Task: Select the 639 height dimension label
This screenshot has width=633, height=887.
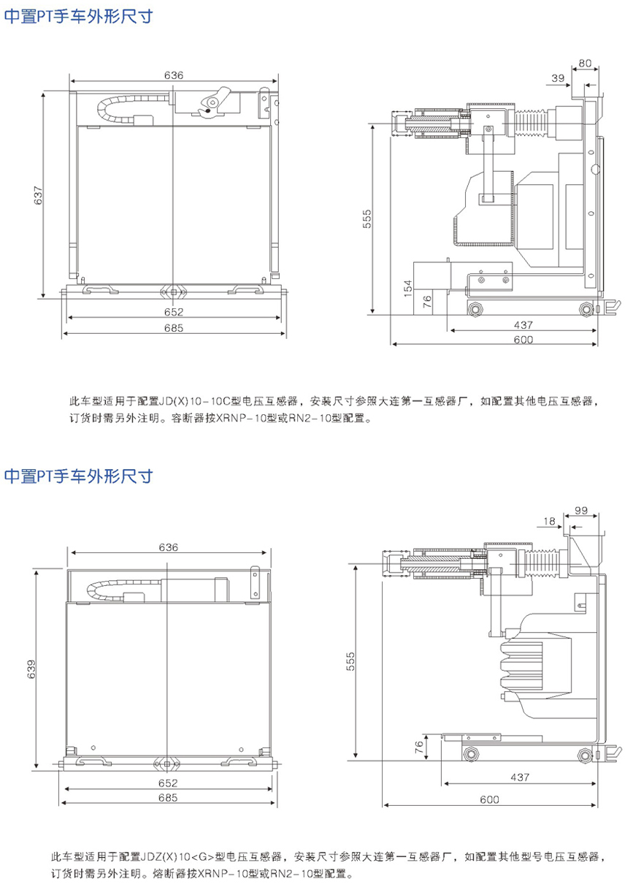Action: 30,669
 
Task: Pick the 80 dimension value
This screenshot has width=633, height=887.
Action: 585,64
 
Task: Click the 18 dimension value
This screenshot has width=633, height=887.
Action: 550,521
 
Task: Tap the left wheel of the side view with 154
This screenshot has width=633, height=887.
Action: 476,308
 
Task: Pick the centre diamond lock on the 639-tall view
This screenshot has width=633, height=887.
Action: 168,764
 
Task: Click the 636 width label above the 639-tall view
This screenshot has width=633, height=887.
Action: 168,547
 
